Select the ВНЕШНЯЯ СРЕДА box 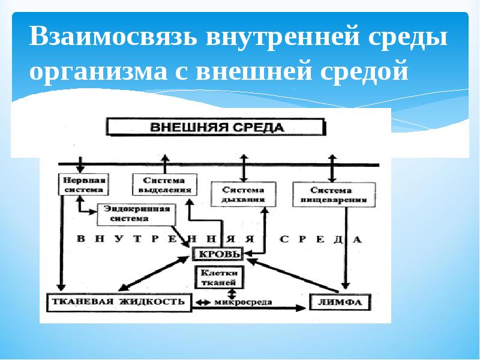pyautogui.click(x=215, y=127)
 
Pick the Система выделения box pyautogui.click(x=164, y=184)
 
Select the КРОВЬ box pyautogui.click(x=217, y=254)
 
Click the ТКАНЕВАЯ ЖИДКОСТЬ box pyautogui.click(x=119, y=302)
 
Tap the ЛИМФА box pyautogui.click(x=340, y=302)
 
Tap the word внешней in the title pyautogui.click(x=310, y=72)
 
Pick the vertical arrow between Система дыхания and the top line pyautogui.click(x=243, y=167)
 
